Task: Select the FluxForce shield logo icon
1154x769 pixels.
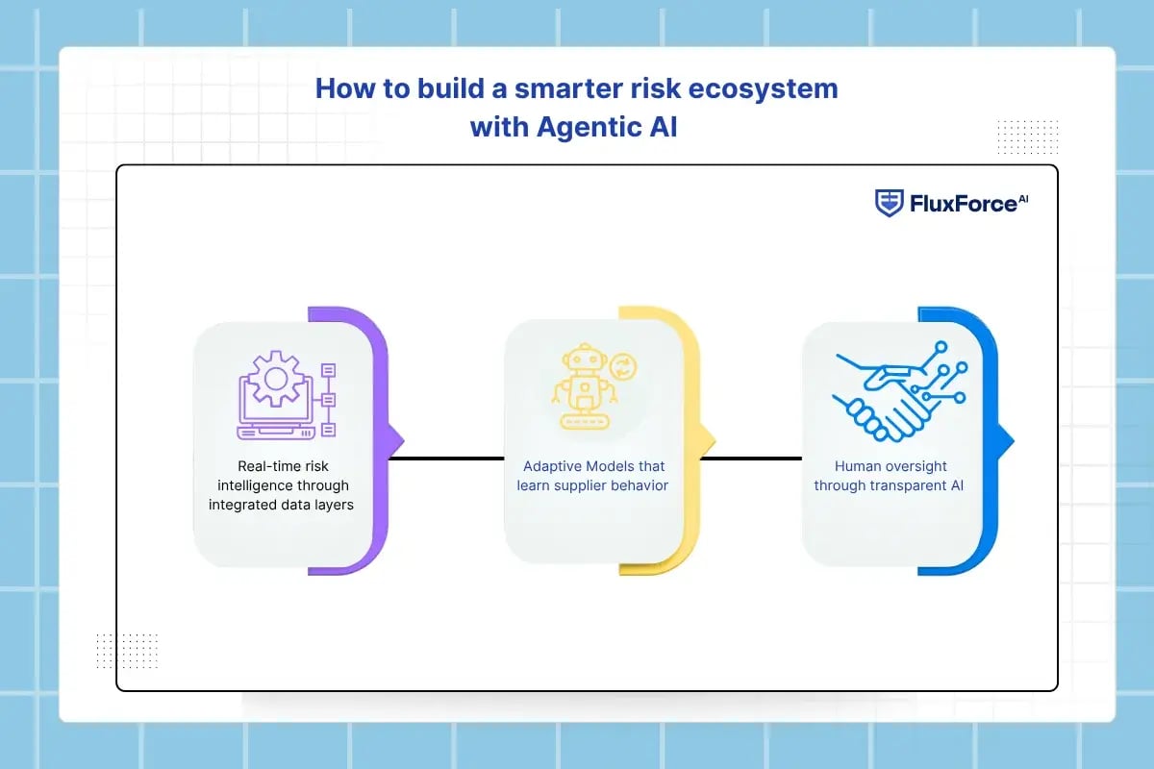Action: click(x=889, y=202)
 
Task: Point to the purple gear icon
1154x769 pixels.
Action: click(x=275, y=378)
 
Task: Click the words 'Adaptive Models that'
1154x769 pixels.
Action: click(x=592, y=465)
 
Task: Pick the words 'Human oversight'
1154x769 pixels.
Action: click(x=889, y=465)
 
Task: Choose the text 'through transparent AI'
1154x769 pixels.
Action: click(x=889, y=485)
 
